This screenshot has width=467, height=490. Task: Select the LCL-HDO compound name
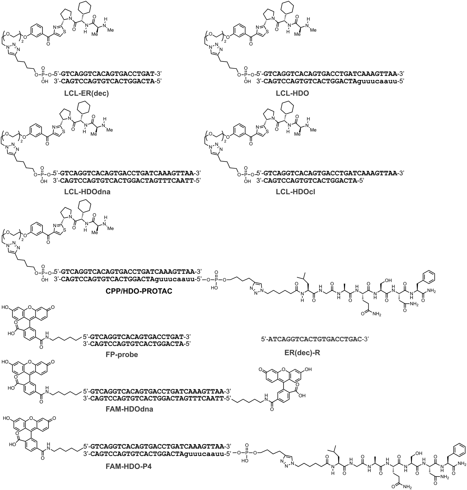tap(292, 93)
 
